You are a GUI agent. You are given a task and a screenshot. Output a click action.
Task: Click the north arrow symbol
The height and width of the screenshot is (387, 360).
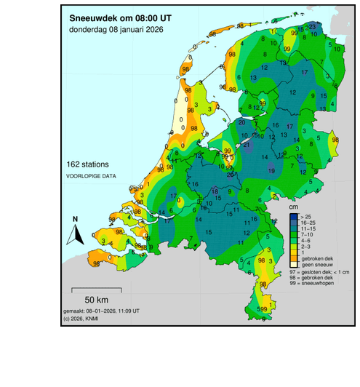pyautogui.click(x=75, y=234)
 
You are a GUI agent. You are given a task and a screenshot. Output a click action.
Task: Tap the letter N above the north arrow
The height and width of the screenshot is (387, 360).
pyautogui.click(x=75, y=219)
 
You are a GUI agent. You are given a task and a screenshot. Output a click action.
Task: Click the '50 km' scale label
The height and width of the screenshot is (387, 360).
pyautogui.click(x=97, y=300)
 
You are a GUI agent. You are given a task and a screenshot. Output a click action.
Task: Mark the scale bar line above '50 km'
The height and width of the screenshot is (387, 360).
pyautogui.click(x=97, y=290)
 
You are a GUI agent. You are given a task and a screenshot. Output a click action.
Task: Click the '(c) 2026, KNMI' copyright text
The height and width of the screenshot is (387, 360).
pyautogui.click(x=83, y=318)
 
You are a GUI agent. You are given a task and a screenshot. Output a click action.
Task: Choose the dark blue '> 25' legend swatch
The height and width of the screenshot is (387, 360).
pyautogui.click(x=293, y=217)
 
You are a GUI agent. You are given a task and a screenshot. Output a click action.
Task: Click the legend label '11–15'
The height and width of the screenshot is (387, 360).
pyautogui.click(x=308, y=230)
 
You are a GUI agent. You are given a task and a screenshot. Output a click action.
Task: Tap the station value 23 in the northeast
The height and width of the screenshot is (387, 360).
pyautogui.click(x=312, y=26)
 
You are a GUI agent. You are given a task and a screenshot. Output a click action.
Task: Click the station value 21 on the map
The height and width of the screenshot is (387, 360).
pyautogui.click(x=247, y=145)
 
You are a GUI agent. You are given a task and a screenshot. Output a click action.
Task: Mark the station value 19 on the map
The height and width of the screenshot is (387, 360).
pyautogui.click(x=271, y=170)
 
